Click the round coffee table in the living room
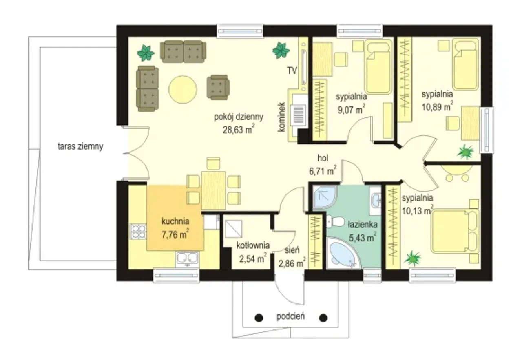point(183,89)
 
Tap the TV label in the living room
point(292,70)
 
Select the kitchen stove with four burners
point(138,232)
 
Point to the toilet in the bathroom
point(335,222)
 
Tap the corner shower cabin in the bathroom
point(324,197)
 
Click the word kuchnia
point(175,221)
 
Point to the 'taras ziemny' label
point(80,146)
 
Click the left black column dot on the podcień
point(259,318)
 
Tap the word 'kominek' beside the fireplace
point(282,117)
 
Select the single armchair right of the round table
point(218,87)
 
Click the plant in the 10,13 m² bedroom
point(413,258)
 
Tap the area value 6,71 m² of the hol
point(323,171)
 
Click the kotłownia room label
point(253,245)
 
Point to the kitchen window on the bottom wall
point(177,276)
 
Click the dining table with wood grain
point(213,190)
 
